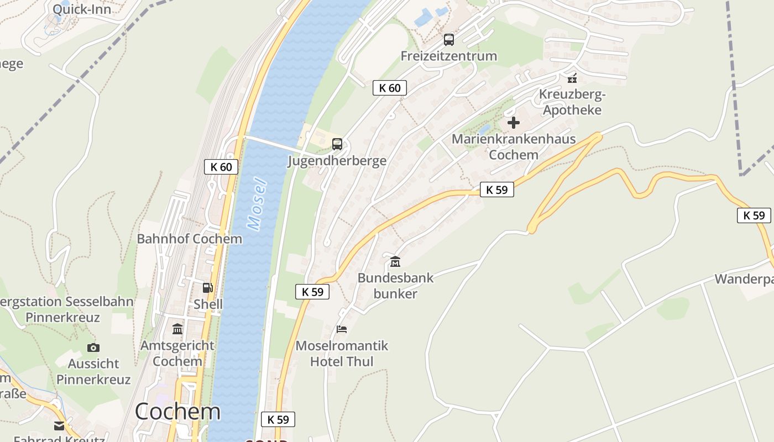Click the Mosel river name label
tap(257, 204)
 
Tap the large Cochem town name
tap(177, 412)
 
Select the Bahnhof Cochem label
tap(190, 239)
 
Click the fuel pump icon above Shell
tap(208, 287)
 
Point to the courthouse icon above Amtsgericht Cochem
tap(177, 329)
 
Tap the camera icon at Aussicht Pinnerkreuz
tap(93, 348)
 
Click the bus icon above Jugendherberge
tap(337, 144)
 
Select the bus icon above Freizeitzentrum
tap(449, 40)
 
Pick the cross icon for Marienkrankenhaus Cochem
tap(514, 123)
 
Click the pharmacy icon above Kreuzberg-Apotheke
tap(572, 78)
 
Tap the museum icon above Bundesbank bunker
tap(395, 261)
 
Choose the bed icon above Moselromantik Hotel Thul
tap(342, 330)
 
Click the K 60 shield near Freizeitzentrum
tap(390, 88)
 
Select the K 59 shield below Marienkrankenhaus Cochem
tap(496, 190)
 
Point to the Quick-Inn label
tap(82, 9)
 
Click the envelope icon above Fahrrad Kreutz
tap(59, 426)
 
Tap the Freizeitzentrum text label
tap(449, 56)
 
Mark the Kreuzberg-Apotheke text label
tap(572, 102)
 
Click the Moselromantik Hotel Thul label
tap(342, 354)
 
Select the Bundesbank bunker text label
tap(395, 285)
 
